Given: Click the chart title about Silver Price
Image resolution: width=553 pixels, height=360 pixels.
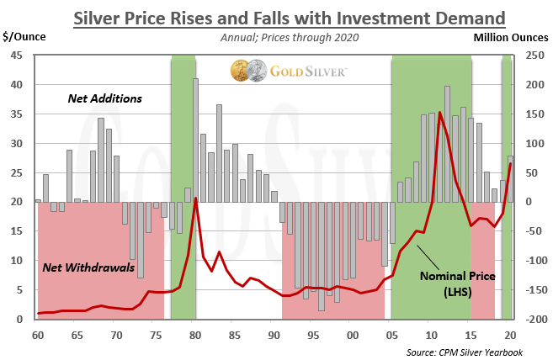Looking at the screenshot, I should (x=277, y=17).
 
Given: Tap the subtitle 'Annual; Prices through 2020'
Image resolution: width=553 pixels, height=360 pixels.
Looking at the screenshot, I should (x=277, y=37).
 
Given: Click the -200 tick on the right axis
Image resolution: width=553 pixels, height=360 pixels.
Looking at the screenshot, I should (x=529, y=320).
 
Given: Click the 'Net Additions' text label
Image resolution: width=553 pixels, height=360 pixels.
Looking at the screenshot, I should (x=104, y=98).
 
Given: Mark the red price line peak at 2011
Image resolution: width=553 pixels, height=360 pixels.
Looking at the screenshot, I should (x=439, y=112).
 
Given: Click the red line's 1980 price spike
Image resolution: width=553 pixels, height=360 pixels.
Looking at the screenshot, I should (x=195, y=199).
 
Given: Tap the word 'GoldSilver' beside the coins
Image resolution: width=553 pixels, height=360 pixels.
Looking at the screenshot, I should (x=307, y=71).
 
